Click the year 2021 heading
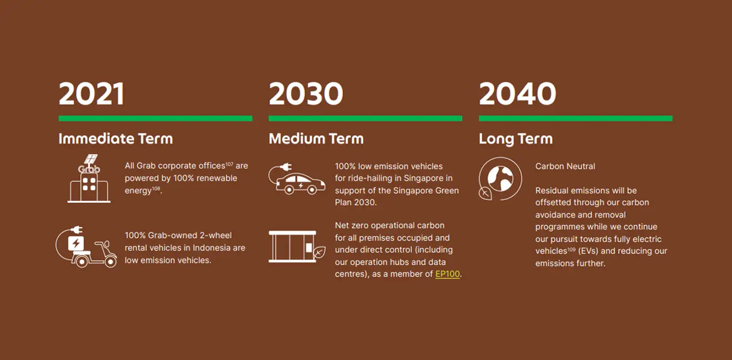tap(92, 94)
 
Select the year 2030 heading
tap(306, 94)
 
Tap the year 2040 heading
tap(517, 94)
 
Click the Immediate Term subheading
tap(116, 139)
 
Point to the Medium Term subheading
tap(316, 139)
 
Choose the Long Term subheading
tap(516, 139)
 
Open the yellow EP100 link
tap(447, 274)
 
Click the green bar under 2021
tap(156, 118)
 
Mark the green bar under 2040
tap(576, 118)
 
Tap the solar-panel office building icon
tap(89, 179)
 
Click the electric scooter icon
tap(86, 247)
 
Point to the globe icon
tap(500, 179)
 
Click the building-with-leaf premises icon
tap(297, 246)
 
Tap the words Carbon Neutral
tap(565, 166)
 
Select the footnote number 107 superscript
tap(229, 164)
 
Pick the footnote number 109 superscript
tap(571, 249)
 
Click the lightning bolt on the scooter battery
tap(76, 243)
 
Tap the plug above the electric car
tap(286, 167)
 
